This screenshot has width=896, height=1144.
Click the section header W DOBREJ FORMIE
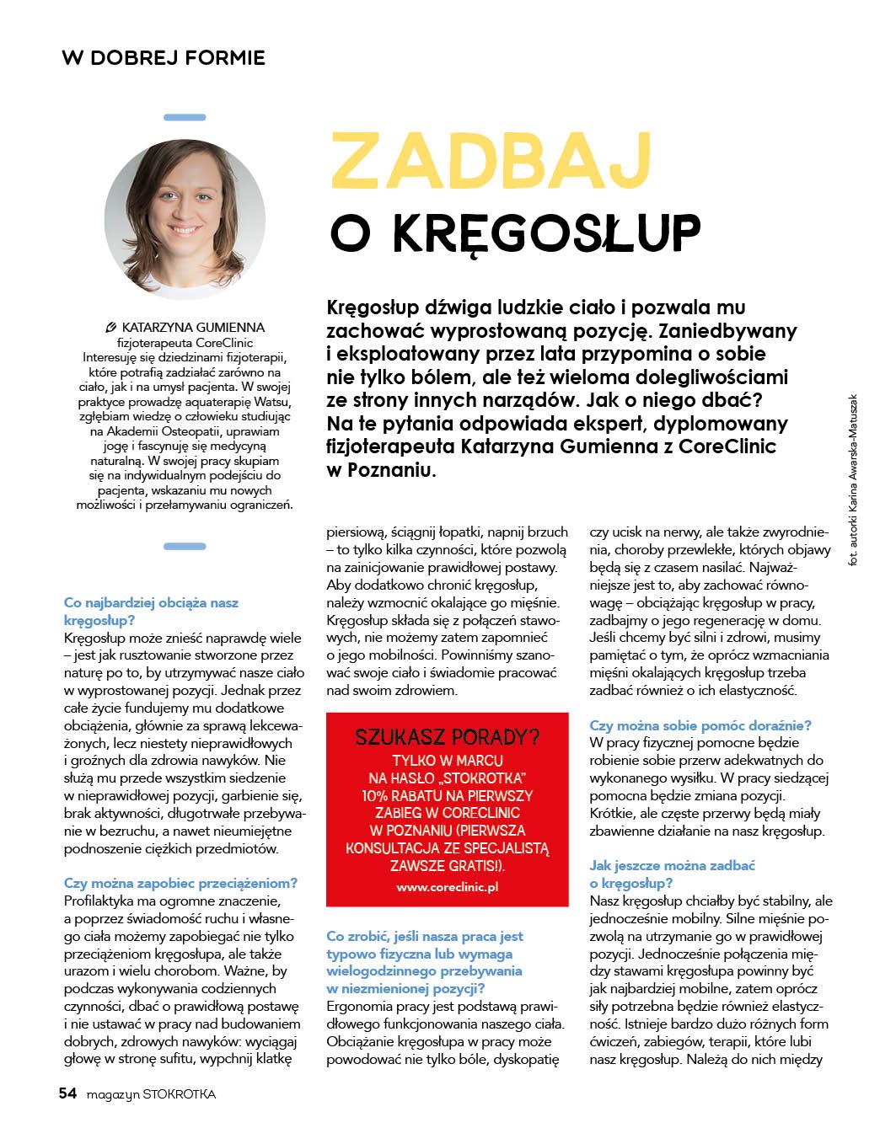coord(164,57)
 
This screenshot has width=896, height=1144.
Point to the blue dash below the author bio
coord(185,546)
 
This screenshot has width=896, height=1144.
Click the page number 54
coord(67,1093)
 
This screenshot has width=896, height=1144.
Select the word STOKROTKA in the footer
coord(180,1094)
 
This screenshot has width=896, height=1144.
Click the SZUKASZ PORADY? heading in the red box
coord(447,738)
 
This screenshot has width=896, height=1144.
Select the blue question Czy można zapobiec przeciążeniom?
coord(180,883)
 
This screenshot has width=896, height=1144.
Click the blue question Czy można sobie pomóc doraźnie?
coord(700,724)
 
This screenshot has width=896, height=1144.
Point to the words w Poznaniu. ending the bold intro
coord(381,470)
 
